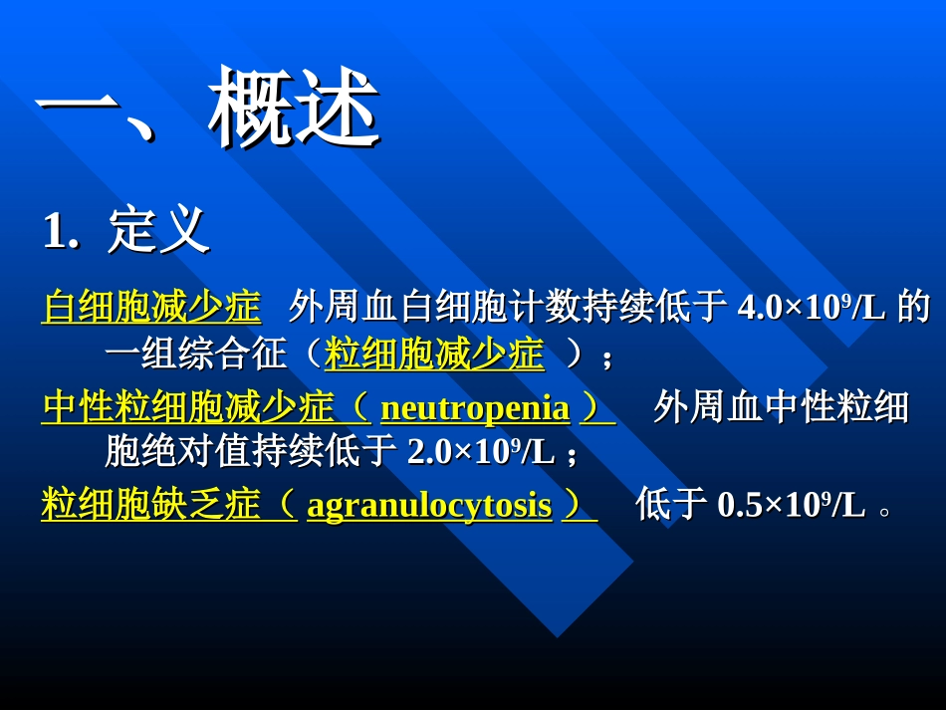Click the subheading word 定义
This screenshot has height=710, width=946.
158,230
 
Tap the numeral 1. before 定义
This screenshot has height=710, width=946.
61,232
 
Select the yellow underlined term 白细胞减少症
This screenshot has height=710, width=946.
151,307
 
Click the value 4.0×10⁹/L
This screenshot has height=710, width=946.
811,308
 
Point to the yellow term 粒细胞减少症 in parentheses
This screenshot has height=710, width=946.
434,355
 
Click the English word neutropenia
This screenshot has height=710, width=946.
475,408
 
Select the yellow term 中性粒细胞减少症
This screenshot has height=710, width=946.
188,407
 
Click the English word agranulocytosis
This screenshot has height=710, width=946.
429,506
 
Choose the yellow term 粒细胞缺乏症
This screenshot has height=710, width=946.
151,505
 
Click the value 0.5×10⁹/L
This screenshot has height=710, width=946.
791,506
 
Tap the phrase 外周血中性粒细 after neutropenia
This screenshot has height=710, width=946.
781,407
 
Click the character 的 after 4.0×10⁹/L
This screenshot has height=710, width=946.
913,308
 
